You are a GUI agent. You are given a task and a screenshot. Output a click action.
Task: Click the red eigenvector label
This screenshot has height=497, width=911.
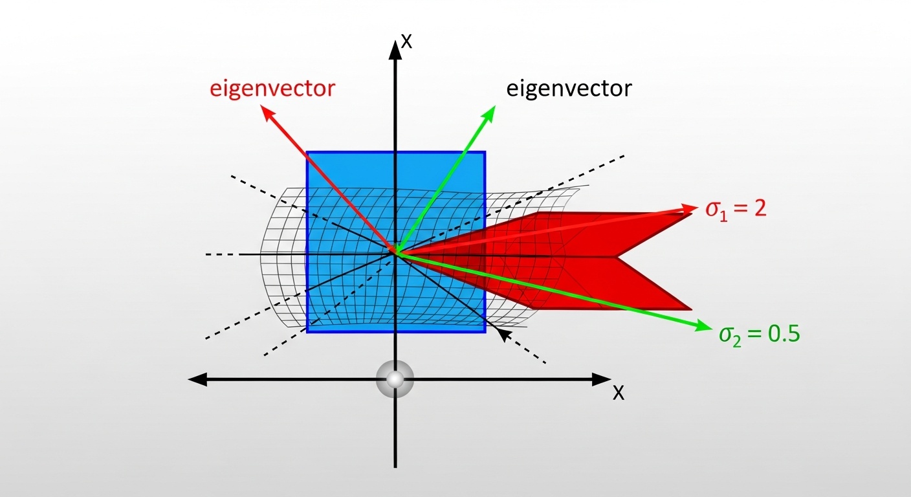pos(272,88)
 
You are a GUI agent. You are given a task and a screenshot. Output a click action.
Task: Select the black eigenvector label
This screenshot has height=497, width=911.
pos(568,88)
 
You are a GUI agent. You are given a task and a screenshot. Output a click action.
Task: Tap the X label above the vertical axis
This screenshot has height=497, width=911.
pos(406,41)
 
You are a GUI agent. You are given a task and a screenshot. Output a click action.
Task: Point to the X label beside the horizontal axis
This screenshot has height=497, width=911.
pos(619,392)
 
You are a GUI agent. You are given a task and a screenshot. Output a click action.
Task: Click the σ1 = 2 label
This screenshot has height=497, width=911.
pos(736,210)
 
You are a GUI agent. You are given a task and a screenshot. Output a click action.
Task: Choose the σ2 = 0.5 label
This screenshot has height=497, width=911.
pos(760,334)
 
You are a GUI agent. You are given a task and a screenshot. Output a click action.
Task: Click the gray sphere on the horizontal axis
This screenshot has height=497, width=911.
pos(395,379)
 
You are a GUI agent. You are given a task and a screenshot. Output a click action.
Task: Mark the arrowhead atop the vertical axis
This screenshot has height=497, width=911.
pos(395,47)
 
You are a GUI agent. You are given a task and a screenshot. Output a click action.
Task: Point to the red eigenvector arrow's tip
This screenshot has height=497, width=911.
pos(265,109)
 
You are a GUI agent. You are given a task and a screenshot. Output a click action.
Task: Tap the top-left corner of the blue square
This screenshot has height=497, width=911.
pos(307,152)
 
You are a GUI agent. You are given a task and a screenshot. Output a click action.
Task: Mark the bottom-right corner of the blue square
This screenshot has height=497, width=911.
pos(485,332)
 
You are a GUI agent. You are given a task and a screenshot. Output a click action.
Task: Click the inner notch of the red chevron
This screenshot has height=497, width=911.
pos(617,257)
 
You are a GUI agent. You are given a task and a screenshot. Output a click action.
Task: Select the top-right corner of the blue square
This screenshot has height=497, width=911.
pos(485,152)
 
